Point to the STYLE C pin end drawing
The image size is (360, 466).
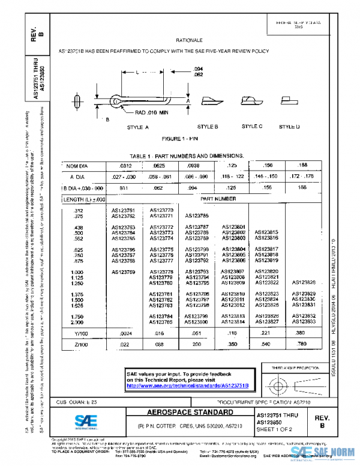(x=250, y=101)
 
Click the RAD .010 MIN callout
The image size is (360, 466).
(x=151, y=112)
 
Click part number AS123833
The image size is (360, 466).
(x=302, y=321)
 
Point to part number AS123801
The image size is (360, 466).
(x=233, y=227)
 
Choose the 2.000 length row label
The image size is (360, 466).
(x=78, y=321)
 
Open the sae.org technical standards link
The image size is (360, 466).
(x=187, y=384)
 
